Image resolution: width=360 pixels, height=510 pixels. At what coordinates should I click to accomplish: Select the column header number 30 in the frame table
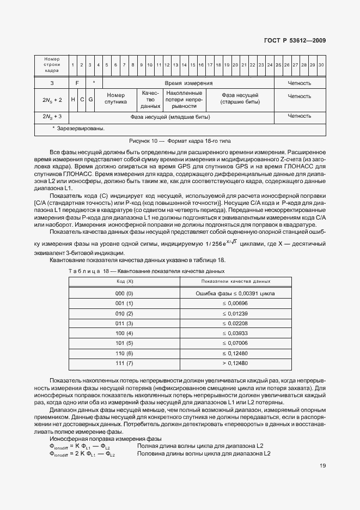321,65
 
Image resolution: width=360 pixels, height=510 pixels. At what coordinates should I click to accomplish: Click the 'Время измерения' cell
188,83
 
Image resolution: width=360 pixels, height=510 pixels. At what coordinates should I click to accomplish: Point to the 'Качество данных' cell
150,100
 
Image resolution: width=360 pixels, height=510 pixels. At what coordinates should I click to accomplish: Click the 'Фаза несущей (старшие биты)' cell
240,98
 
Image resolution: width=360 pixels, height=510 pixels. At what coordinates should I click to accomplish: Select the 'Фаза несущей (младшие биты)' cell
170,117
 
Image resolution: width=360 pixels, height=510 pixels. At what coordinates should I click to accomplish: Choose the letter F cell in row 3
77,83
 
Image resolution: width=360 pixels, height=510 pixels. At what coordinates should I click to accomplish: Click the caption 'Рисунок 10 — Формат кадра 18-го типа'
180,141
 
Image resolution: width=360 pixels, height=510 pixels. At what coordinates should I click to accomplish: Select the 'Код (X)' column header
125,281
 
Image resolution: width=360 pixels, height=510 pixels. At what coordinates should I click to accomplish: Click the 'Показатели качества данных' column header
235,281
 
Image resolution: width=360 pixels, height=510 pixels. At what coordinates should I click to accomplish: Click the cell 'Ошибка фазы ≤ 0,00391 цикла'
235,293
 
